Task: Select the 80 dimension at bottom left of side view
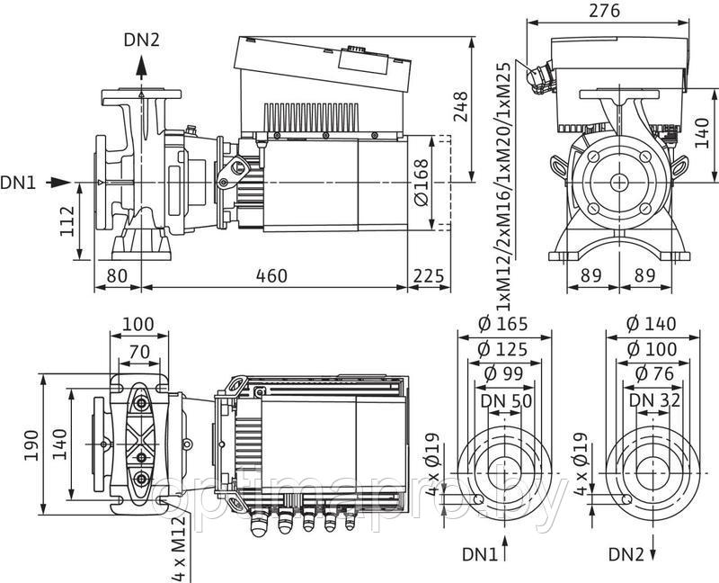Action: tap(115, 275)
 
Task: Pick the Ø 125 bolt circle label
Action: tap(503, 349)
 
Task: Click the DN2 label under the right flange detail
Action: tap(627, 552)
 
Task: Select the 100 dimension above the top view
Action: tap(138, 323)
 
